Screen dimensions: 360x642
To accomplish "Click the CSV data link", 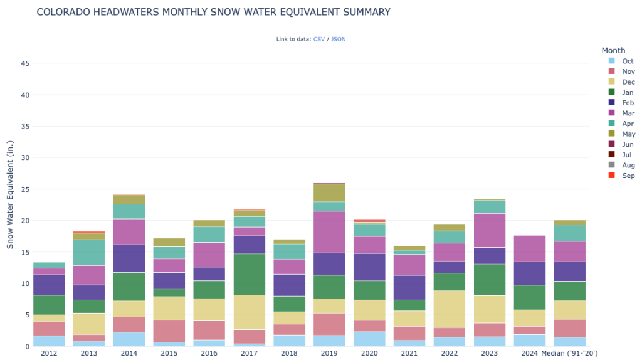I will (318, 39).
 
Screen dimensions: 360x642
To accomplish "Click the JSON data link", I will (338, 39).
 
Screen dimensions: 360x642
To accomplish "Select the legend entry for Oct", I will (628, 61).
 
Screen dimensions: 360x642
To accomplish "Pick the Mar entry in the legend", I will (628, 113).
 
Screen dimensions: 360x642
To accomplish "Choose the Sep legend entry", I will (628, 176).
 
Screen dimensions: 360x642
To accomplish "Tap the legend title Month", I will (613, 50).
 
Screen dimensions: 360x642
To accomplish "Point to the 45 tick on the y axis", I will (25, 63).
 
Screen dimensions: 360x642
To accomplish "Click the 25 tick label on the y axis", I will (25, 189).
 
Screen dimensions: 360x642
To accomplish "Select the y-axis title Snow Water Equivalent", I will (11, 195).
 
